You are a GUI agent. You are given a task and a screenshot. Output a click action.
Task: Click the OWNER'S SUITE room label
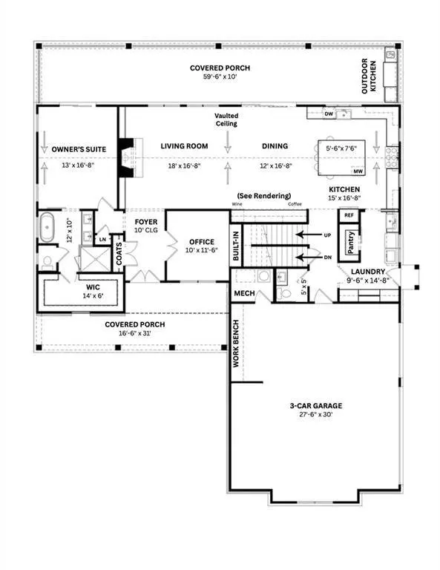[x=79, y=149]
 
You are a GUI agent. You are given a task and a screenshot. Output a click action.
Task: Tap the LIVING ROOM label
[x=183, y=146]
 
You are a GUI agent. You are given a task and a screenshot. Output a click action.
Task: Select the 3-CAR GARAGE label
[x=315, y=406]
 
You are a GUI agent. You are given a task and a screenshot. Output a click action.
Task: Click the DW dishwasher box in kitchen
[x=329, y=114]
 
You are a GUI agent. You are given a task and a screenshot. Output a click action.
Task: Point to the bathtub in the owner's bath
[x=47, y=227]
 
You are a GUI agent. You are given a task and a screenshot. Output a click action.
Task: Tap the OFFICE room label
[x=202, y=242]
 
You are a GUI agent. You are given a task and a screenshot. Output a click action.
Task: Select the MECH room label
[x=244, y=293]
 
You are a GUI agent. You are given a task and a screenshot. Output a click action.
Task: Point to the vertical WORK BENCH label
[x=236, y=346]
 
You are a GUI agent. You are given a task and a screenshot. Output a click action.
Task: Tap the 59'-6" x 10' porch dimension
[x=220, y=77]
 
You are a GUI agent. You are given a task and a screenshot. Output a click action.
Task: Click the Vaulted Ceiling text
[x=226, y=119]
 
